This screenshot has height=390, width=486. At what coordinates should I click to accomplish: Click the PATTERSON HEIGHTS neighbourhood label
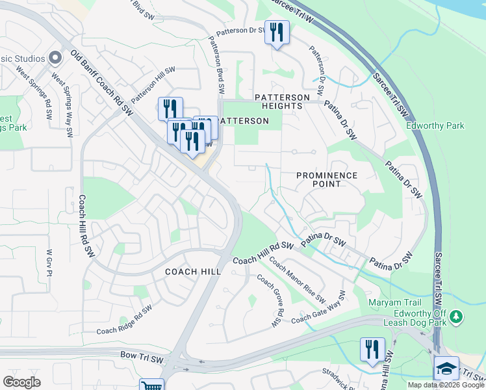282,101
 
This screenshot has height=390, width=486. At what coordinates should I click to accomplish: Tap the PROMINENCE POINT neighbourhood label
327,179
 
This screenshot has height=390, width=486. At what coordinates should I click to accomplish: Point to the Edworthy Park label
435,125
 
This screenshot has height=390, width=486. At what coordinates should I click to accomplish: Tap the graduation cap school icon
446,368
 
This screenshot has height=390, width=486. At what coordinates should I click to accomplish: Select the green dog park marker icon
457,317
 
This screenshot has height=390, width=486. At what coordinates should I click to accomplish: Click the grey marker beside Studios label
55,58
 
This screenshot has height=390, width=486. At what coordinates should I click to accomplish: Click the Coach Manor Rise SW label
297,281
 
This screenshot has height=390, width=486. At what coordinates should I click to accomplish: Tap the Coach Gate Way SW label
319,308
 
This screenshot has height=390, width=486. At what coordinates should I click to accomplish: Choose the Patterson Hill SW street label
153,84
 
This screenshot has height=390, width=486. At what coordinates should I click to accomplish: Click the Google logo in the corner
21,382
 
